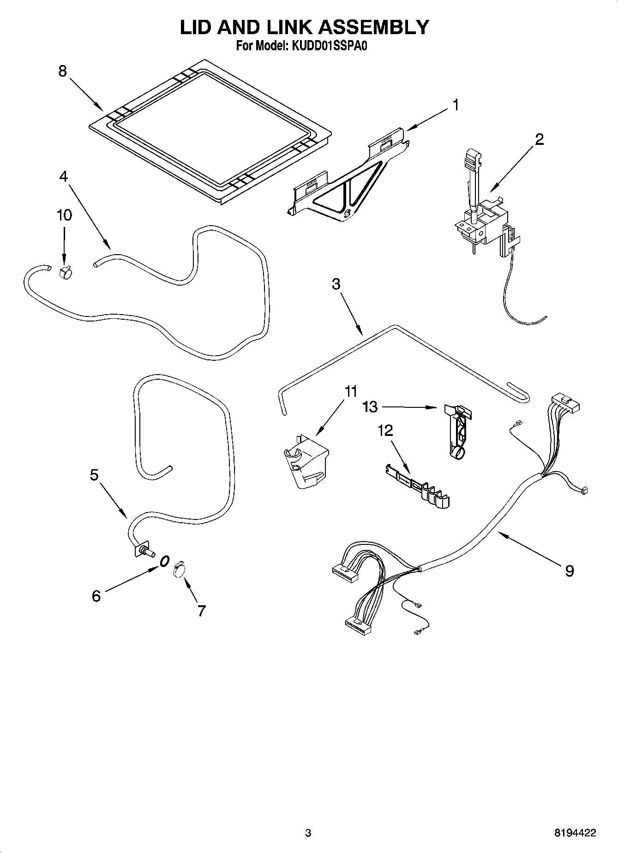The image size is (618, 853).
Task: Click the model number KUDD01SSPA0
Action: (328, 46)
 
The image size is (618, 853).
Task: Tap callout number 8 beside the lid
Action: (63, 72)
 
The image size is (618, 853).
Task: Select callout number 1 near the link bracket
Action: (455, 105)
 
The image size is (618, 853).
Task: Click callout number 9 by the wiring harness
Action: (570, 571)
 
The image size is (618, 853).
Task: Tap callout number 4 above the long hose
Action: (63, 176)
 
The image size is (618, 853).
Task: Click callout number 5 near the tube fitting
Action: (94, 475)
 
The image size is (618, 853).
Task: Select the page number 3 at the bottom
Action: (308, 833)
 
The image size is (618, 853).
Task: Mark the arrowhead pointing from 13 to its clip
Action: (433, 407)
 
